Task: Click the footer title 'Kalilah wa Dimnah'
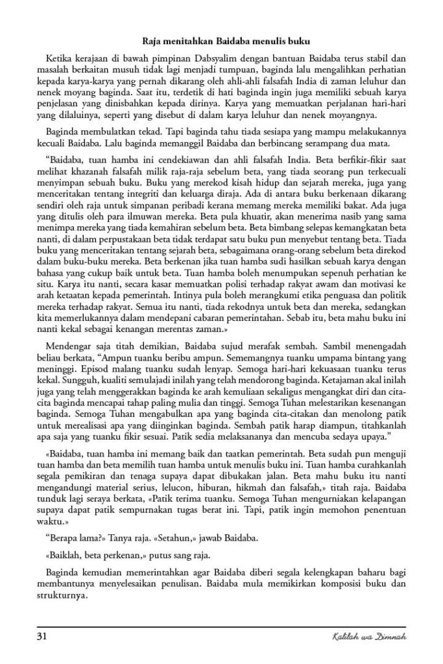click(x=377, y=638)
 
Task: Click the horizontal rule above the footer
click(x=221, y=627)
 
